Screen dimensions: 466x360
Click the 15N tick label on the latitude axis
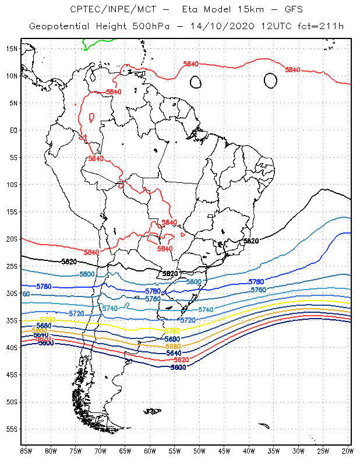click(11, 48)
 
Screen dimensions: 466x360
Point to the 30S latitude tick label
click(11, 293)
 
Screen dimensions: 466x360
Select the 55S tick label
click(11, 429)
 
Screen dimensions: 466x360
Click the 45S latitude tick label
click(11, 375)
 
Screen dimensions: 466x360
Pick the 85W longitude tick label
click(26, 451)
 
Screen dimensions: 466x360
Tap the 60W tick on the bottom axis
click(150, 451)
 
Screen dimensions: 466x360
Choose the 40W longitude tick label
click(249, 451)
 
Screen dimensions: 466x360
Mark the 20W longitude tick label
click(347, 451)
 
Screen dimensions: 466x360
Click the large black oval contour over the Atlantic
click(270, 80)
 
